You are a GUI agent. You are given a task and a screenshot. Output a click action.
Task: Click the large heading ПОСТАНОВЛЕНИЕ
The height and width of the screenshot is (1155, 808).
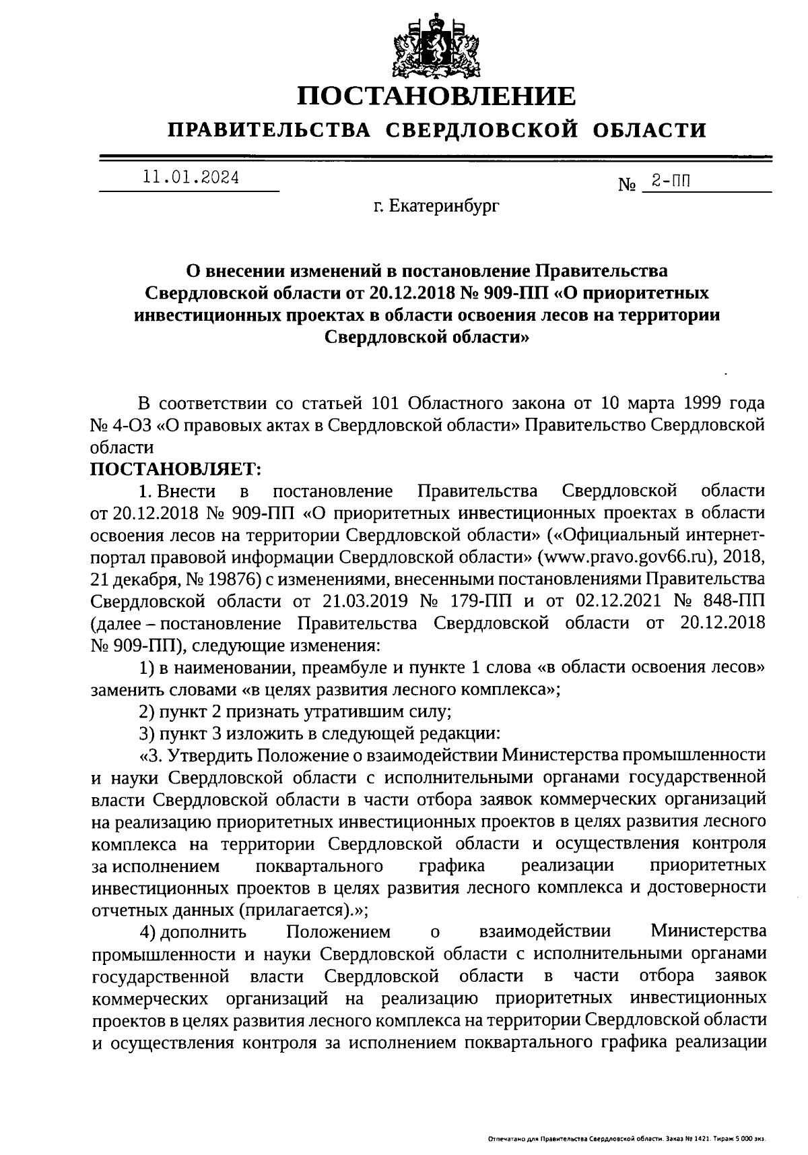click(x=437, y=96)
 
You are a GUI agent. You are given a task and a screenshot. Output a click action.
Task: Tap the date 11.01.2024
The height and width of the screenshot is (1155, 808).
click(x=191, y=178)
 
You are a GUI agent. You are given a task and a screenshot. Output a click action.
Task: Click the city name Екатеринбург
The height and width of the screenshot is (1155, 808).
click(x=444, y=206)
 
